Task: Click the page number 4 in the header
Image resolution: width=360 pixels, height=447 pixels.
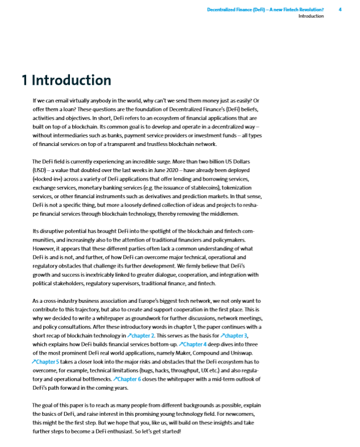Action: click(340, 10)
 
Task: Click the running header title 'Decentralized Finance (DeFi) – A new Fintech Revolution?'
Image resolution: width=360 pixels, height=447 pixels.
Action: click(265, 10)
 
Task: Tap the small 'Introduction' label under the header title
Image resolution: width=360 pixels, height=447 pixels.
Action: click(311, 16)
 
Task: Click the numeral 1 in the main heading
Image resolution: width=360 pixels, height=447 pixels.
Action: click(24, 80)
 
